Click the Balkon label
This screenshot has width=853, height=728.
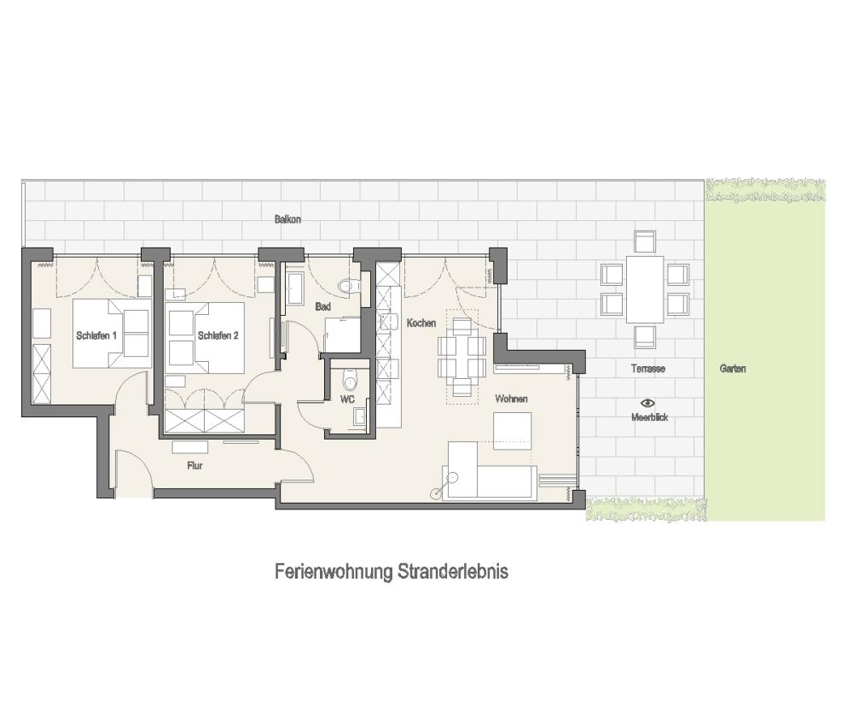(x=287, y=219)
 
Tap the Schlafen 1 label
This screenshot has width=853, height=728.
(x=96, y=335)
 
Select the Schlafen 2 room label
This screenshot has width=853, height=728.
(x=218, y=335)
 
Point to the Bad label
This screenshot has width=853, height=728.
(x=322, y=307)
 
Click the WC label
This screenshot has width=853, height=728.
(x=348, y=399)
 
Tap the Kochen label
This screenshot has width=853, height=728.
(x=421, y=323)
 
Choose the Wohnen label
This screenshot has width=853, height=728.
(x=511, y=399)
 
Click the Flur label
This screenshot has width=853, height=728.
(x=194, y=466)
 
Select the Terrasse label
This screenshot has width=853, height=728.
(x=648, y=369)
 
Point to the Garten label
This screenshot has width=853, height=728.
(x=732, y=369)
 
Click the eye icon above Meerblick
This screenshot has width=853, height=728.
(x=647, y=403)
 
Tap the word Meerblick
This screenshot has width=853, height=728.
(x=649, y=417)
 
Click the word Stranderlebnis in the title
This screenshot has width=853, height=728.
(x=453, y=572)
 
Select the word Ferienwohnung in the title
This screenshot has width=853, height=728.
(x=334, y=572)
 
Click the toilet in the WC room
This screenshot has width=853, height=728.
(x=349, y=378)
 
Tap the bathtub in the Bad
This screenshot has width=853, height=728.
(x=295, y=288)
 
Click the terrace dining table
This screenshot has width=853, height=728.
(x=645, y=289)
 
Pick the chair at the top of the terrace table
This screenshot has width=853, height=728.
(x=645, y=242)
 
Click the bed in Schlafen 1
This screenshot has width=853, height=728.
(x=112, y=333)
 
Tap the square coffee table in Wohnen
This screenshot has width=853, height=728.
(x=512, y=431)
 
